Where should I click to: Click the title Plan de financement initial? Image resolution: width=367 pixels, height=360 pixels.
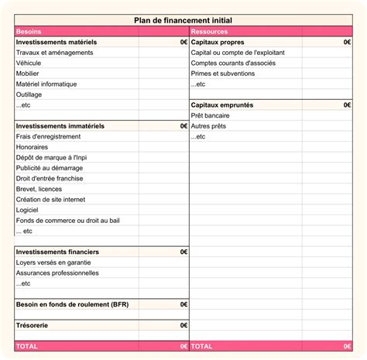[x=183, y=21]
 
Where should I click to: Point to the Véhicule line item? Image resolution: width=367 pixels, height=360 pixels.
[x=29, y=63]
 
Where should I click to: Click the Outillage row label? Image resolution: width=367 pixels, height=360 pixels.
[x=30, y=94]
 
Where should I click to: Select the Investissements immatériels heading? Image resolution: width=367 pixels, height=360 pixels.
[x=60, y=125]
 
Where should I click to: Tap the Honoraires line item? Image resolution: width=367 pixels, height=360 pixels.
[x=32, y=146]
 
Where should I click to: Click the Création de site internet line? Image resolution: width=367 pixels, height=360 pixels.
[x=51, y=199]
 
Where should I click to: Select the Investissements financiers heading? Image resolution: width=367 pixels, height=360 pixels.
[x=57, y=252]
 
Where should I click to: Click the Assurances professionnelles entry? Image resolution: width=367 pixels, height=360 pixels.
[x=57, y=273]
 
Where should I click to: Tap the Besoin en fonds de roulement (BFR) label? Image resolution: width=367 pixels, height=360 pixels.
[x=72, y=304]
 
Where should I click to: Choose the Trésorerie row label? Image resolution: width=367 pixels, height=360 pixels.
[x=33, y=325]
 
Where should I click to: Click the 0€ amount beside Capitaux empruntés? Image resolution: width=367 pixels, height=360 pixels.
[x=347, y=105]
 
